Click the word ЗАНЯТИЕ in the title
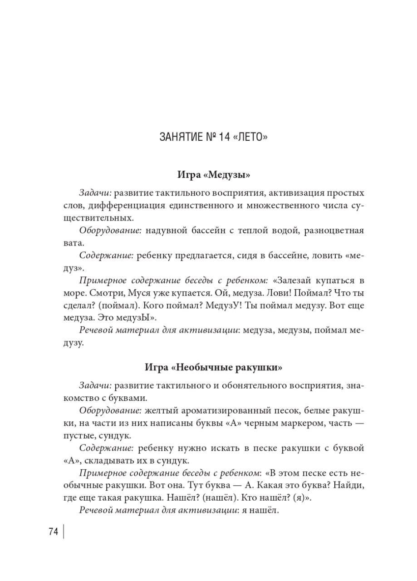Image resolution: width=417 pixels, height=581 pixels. (x=177, y=136)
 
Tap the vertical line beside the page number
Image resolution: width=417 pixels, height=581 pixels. (x=64, y=532)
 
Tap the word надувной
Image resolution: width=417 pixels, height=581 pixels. (x=166, y=231)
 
